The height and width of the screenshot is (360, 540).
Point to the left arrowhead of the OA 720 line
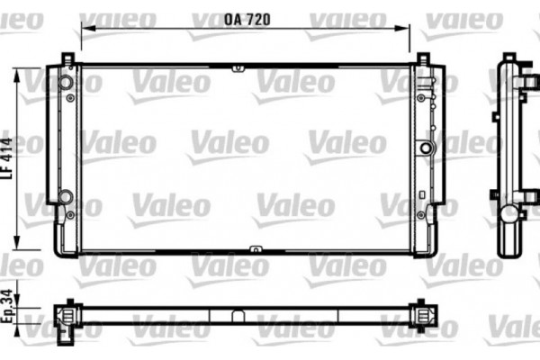coord(84,26)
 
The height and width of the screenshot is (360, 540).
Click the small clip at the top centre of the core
coord(237,67)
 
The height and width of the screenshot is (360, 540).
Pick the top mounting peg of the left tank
coord(67,58)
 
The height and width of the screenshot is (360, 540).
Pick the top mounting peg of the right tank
coord(423,58)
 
